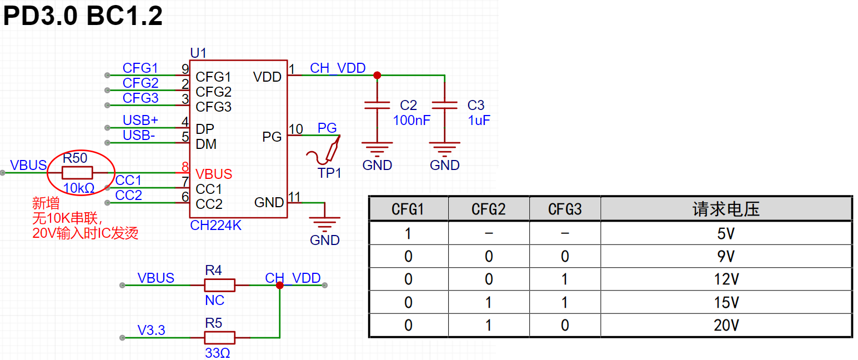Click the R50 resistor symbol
pyautogui.click(x=77, y=173)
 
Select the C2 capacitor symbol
pyautogui.click(x=377, y=106)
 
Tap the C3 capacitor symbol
pyautogui.click(x=445, y=106)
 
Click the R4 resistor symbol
pyautogui.click(x=219, y=285)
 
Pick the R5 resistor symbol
pyautogui.click(x=219, y=338)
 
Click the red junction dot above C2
pyautogui.click(x=377, y=75)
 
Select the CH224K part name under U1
pyautogui.click(x=215, y=226)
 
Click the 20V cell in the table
pyautogui.click(x=726, y=326)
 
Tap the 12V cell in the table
pyautogui.click(x=726, y=279)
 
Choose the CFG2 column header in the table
pyautogui.click(x=488, y=209)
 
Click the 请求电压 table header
pyautogui.click(x=726, y=209)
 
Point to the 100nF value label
pyautogui.click(x=412, y=121)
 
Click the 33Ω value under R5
pyautogui.click(x=217, y=353)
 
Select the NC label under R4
pyautogui.click(x=214, y=300)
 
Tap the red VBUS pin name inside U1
pyautogui.click(x=214, y=174)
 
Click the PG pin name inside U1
pyautogui.click(x=272, y=137)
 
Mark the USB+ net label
pyautogui.click(x=140, y=121)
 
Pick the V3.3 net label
pyautogui.click(x=151, y=330)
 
